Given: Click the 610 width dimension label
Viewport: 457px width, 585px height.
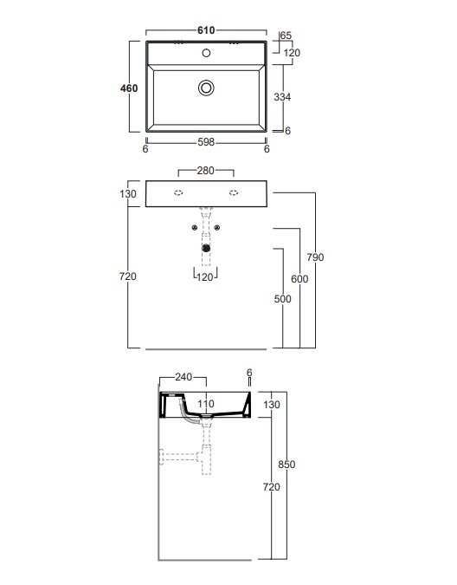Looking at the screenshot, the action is pos(206,30).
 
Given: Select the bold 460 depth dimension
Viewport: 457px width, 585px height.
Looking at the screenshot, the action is pos(129,88).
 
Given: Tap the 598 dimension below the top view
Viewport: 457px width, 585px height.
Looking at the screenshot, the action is pos(206,142).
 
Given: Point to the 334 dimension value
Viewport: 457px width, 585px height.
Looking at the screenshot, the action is pos(282,97).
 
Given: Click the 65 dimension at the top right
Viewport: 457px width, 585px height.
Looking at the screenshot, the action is pos(286,36).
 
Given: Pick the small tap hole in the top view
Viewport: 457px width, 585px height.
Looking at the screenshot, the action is pos(206,53).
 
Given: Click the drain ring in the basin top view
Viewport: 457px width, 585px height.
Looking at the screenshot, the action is pos(206,88).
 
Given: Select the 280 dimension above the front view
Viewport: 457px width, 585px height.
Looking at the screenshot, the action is pos(206,171).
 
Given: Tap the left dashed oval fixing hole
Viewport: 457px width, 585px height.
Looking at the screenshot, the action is pos(178,192).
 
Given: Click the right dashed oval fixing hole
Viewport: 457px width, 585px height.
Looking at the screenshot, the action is pos(234,192).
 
